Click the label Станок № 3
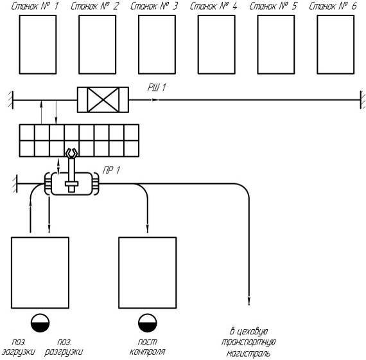(x=154, y=6)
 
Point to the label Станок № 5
(x=273, y=6)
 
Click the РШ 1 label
(x=157, y=87)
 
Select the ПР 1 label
(x=111, y=170)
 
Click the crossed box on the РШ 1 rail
(x=103, y=100)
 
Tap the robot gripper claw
(x=71, y=153)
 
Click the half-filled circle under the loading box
(x=40, y=323)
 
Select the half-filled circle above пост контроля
(x=148, y=323)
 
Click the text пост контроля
(x=148, y=346)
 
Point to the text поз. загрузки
(x=19, y=346)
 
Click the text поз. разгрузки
(x=64, y=346)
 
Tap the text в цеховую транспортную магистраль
(x=248, y=342)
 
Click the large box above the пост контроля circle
(x=148, y=273)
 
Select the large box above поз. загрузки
(x=40, y=273)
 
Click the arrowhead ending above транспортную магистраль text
(x=249, y=301)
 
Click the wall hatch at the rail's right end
(x=363, y=100)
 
